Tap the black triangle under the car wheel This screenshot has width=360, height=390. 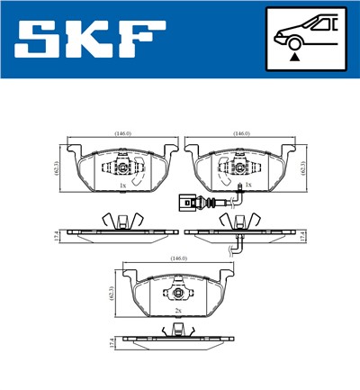coord(293,56)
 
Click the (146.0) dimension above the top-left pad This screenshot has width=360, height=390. coord(121,134)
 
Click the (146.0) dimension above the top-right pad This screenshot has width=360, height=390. coord(240,134)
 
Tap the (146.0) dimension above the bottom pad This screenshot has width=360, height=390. coord(178,259)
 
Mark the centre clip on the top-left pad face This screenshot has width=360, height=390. coord(121,168)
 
